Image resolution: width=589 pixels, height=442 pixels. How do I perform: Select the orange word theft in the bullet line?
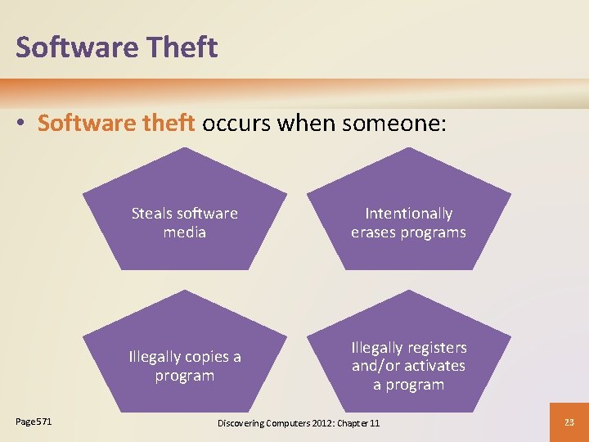point(166,123)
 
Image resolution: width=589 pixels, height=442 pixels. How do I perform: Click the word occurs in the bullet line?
point(236,123)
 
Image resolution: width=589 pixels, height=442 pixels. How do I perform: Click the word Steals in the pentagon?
point(152,214)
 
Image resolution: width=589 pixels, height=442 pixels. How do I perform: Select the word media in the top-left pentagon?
point(184,232)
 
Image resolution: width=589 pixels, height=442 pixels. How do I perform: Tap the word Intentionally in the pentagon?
point(408,214)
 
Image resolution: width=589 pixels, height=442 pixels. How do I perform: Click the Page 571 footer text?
point(34,422)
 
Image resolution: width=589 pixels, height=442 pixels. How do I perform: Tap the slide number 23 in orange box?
point(569,422)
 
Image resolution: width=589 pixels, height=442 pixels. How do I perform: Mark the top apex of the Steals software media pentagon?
point(185,148)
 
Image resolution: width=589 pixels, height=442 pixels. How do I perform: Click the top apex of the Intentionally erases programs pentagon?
point(408,148)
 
